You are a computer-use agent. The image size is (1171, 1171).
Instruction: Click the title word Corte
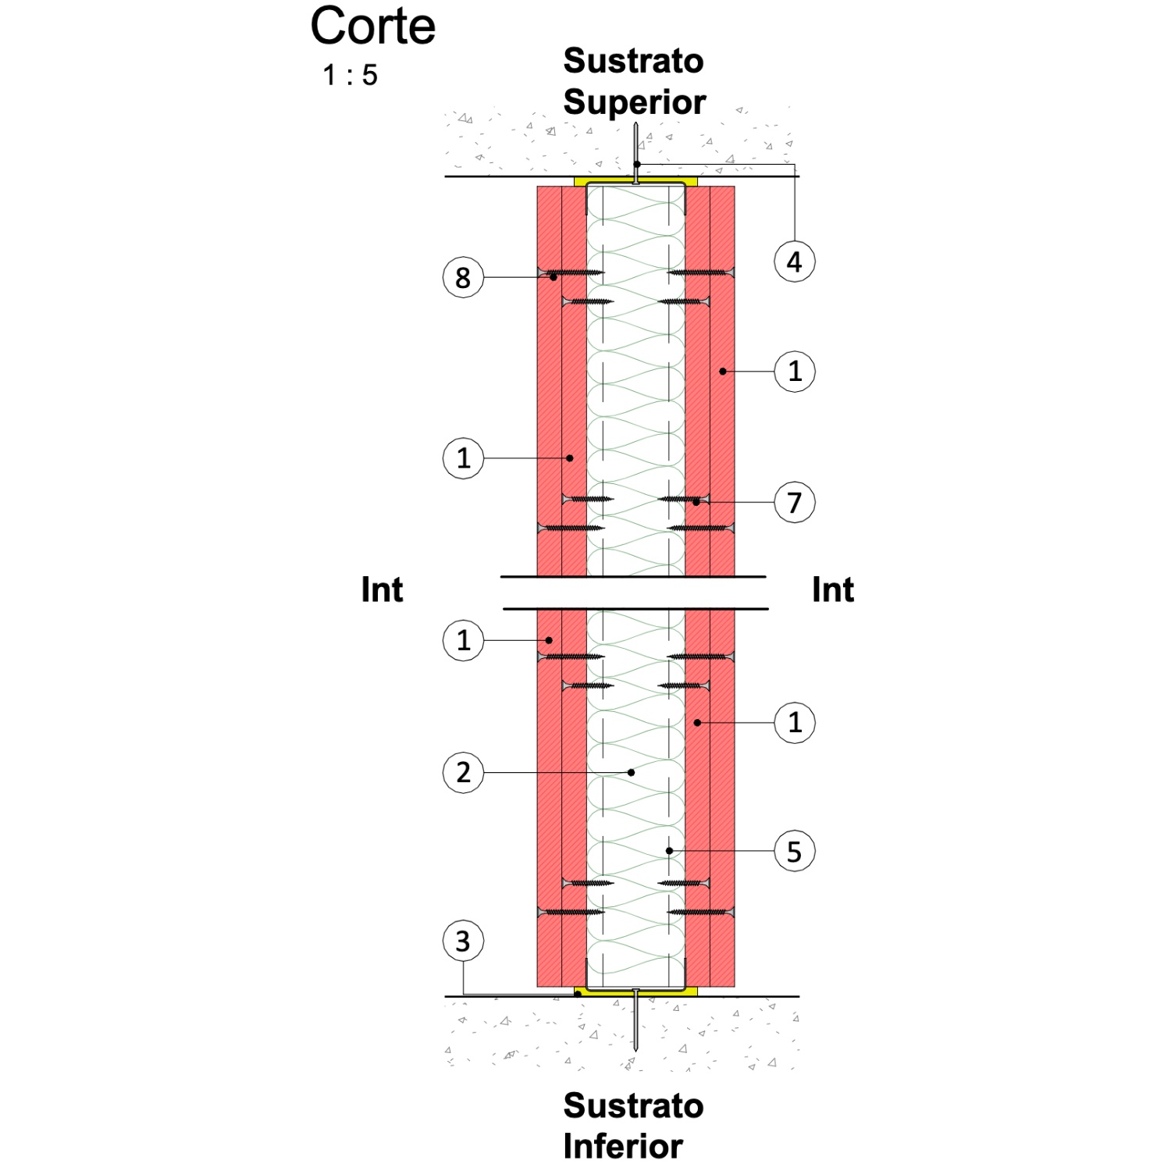click(x=373, y=26)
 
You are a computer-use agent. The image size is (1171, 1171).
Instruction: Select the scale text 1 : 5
click(x=351, y=76)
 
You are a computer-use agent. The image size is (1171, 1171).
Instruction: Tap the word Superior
click(x=635, y=102)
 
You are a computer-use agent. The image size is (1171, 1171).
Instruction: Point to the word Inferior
click(x=623, y=1146)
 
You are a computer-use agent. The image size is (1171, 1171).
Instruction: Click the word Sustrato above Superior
click(x=634, y=61)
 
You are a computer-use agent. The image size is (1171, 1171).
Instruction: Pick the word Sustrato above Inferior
click(x=634, y=1105)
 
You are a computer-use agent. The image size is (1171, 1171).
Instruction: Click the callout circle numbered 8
click(x=463, y=277)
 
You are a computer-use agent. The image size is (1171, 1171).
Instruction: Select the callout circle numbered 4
click(x=795, y=262)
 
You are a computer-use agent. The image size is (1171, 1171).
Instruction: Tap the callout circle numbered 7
click(x=795, y=502)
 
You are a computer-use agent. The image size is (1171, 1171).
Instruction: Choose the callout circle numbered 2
click(x=463, y=772)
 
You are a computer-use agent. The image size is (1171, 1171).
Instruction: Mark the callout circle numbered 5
click(x=795, y=851)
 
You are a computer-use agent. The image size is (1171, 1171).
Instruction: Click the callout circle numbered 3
click(x=463, y=941)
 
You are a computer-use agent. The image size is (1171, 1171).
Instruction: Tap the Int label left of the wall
click(x=382, y=590)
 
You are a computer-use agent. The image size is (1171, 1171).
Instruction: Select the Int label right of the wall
click(x=833, y=590)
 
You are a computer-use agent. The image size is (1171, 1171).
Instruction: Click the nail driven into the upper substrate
click(x=636, y=153)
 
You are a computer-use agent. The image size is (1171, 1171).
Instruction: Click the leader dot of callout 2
click(x=631, y=773)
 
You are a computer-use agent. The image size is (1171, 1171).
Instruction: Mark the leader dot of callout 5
click(x=669, y=851)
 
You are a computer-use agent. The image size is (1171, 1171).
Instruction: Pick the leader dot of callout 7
click(x=696, y=502)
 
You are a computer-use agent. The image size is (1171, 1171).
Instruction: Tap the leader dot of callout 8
click(x=553, y=277)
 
